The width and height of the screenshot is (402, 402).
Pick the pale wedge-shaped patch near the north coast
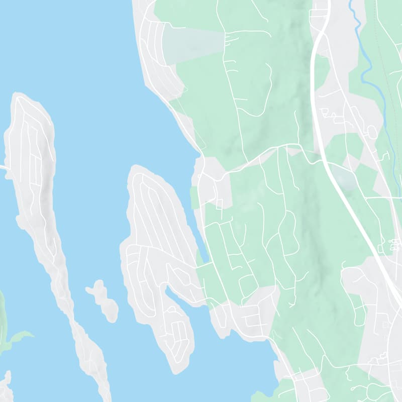coord(193,43)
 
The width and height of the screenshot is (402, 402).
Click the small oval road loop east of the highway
coord(372,132)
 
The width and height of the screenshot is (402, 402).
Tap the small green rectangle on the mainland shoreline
coord(194,197)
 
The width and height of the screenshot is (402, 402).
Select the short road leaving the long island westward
coord(4,167)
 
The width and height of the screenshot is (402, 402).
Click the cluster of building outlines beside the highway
coord(394,246)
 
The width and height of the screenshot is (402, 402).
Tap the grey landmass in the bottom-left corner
coord(5,387)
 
